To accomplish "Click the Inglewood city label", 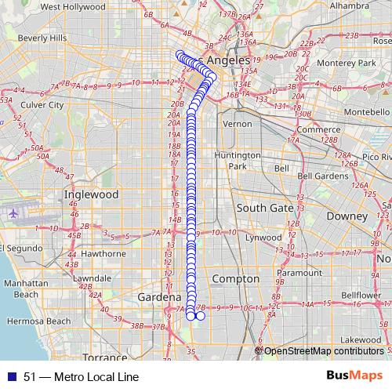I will coord(91,194).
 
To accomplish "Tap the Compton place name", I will coord(236,278).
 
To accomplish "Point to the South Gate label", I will coord(265,208).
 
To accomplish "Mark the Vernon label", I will coord(238,124).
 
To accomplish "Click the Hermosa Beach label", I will coord(36,321).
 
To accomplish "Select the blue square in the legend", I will coord(11,376).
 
